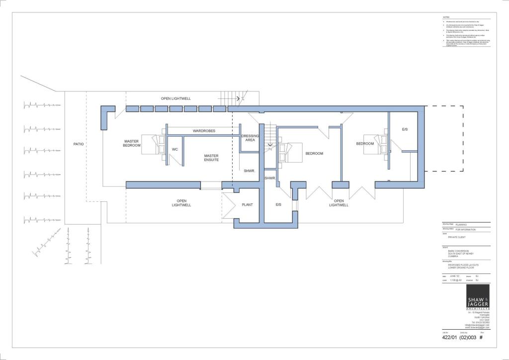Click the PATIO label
pos(79,144)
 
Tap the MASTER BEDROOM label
pos(132,143)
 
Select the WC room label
pos(174,149)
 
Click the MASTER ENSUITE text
pos(211,158)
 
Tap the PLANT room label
pos(248,205)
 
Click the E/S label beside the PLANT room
pos(278,205)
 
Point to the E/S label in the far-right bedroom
pos(405,129)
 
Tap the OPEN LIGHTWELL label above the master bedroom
pos(176,98)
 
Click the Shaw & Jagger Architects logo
pos(477,298)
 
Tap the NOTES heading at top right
pos(446,17)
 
